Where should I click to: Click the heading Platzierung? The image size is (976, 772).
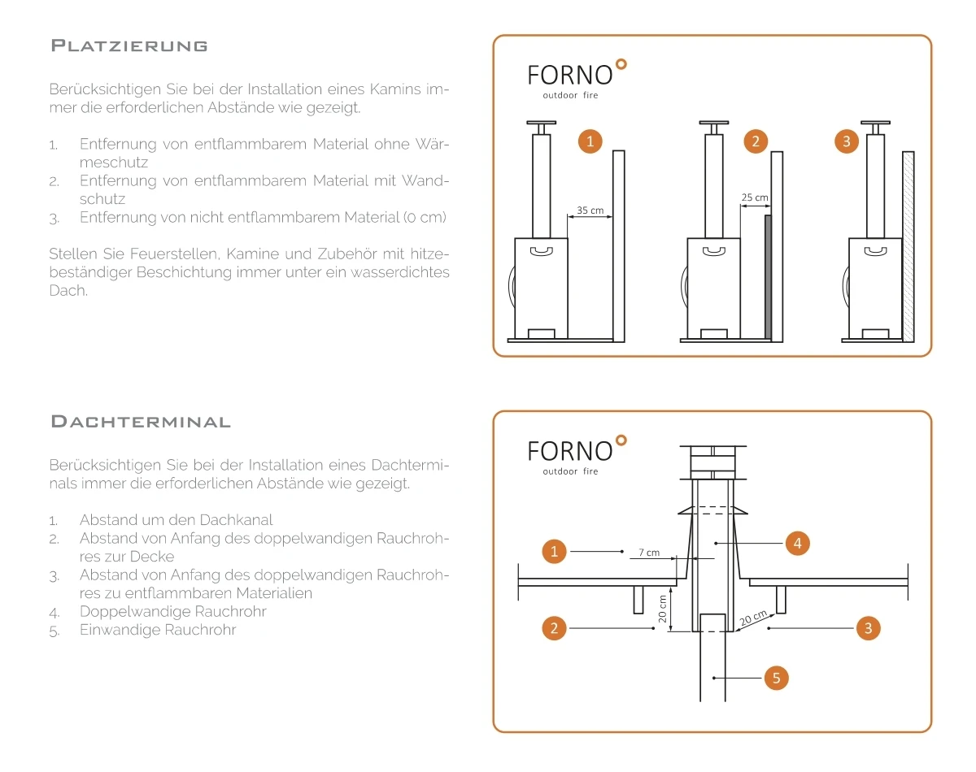click(129, 46)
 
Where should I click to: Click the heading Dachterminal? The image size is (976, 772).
click(141, 422)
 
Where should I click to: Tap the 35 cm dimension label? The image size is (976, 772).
click(590, 210)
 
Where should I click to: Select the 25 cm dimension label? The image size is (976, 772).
click(755, 197)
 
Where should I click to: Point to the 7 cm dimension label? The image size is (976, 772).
click(648, 553)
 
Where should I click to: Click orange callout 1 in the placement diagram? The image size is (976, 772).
click(590, 141)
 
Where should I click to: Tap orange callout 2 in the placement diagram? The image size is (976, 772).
click(756, 141)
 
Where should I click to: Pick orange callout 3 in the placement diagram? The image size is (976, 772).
click(847, 141)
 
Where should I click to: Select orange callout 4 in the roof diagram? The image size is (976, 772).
click(798, 544)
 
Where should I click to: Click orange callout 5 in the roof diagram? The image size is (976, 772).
click(776, 678)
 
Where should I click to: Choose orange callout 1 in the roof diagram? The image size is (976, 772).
click(554, 552)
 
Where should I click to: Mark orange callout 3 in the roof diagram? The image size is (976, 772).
click(869, 627)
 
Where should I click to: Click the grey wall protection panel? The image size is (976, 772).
click(767, 277)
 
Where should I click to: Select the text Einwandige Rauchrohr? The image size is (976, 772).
click(158, 630)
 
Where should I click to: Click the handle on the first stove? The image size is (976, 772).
click(541, 252)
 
